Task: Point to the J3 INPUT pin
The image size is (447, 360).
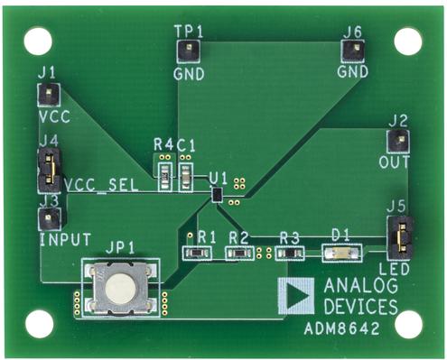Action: click(50, 218)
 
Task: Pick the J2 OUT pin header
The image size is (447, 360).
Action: click(397, 140)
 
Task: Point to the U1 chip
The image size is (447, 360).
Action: click(217, 193)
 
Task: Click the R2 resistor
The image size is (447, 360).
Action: click(238, 253)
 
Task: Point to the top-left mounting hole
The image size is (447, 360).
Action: click(37, 40)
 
